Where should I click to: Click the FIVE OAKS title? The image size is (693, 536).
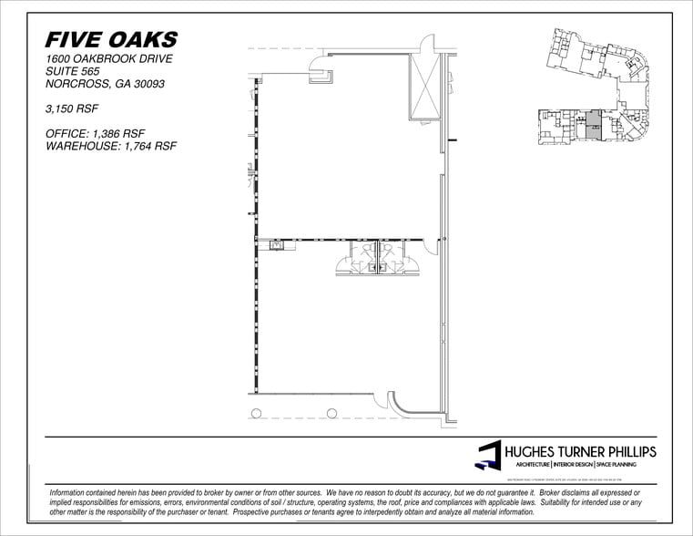coord(111,39)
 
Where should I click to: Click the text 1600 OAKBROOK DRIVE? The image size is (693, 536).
coord(108,59)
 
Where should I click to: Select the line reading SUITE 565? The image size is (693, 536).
coord(72,72)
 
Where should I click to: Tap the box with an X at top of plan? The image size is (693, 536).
coord(424,87)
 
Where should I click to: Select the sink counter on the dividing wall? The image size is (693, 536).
coord(276,243)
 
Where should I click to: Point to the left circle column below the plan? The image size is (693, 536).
coord(256,414)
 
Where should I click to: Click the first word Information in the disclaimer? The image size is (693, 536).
coord(72,491)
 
